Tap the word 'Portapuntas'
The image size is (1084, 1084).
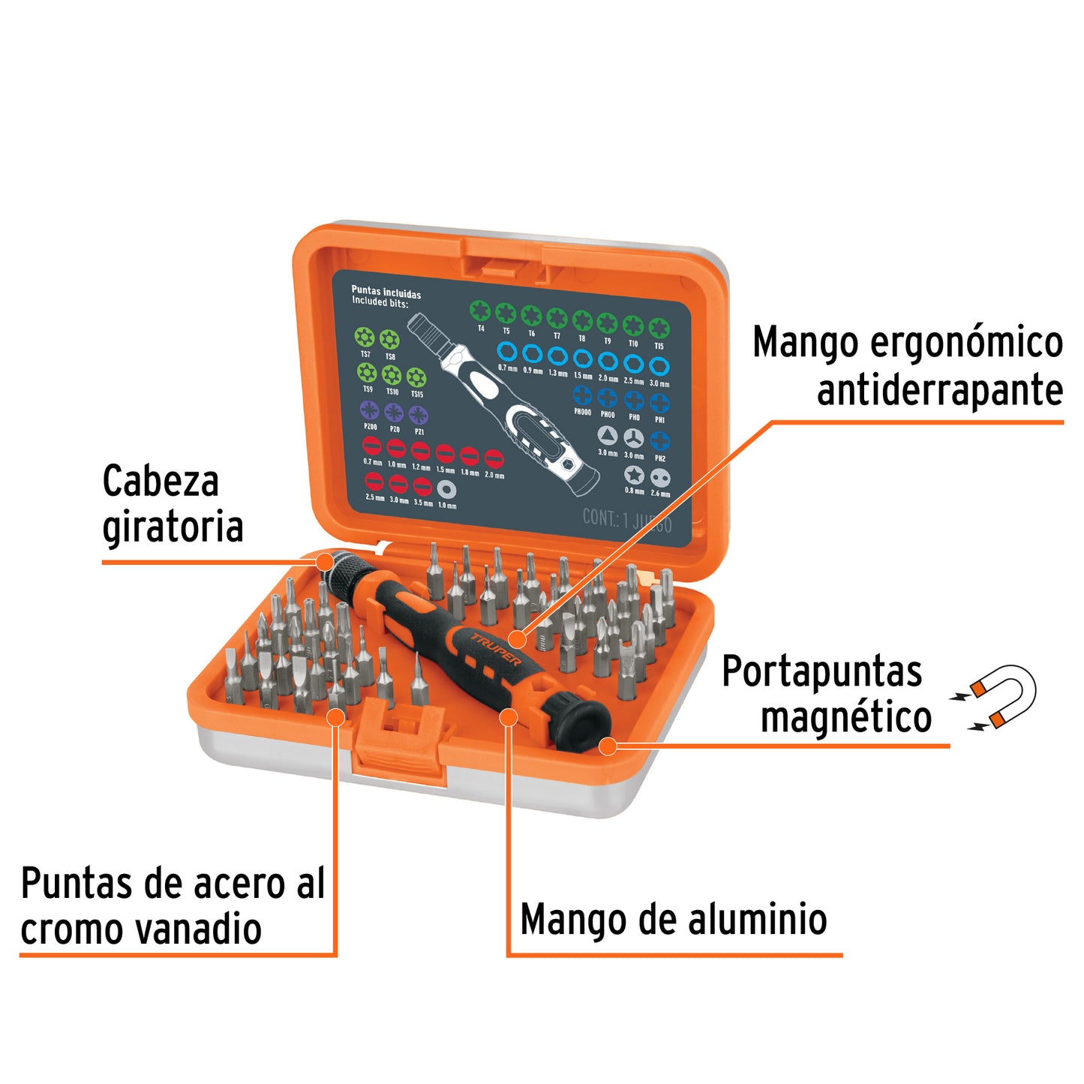click(821, 671)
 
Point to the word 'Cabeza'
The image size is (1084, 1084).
click(161, 481)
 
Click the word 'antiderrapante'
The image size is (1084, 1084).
click(939, 391)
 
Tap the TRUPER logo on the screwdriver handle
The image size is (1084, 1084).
click(496, 649)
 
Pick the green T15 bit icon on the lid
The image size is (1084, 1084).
click(659, 328)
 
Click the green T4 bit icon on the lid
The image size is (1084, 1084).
click(480, 310)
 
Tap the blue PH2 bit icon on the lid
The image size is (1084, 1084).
click(659, 442)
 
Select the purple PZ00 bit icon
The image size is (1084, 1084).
click(369, 410)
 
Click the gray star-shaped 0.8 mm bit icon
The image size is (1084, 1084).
click(634, 475)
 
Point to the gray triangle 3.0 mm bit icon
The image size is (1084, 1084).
click(607, 436)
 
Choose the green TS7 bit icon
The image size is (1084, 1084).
click(365, 337)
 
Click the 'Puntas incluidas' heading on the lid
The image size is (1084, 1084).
click(386, 293)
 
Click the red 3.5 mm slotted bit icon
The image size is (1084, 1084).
click(422, 486)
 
